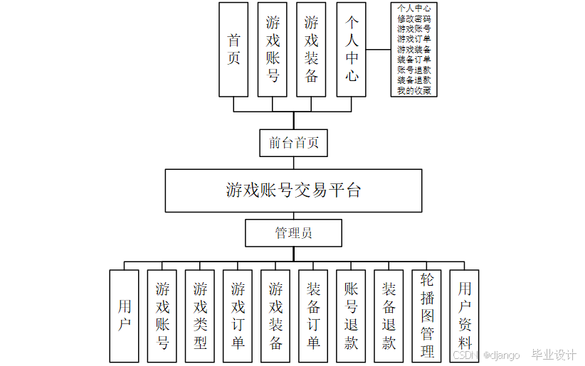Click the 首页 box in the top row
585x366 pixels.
(233, 49)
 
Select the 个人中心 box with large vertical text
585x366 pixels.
(351, 49)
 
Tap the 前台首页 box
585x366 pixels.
(293, 143)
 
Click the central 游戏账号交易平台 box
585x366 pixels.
(293, 190)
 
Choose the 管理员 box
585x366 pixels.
(293, 232)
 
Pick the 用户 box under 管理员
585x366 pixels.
(125, 316)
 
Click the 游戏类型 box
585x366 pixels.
(200, 316)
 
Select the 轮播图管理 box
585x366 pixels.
(426, 316)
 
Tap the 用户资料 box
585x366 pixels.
(465, 316)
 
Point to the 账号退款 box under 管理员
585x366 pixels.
(351, 316)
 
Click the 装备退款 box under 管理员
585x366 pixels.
(389, 316)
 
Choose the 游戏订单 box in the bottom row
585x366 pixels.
(238, 316)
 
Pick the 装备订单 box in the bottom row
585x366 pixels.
(313, 316)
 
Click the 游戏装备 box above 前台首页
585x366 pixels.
(312, 49)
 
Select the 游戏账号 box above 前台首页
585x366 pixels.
(273, 49)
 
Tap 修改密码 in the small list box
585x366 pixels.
(413, 18)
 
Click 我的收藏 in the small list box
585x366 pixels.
(413, 90)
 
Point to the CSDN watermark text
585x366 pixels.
(464, 355)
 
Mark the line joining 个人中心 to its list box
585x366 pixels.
(379, 50)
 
